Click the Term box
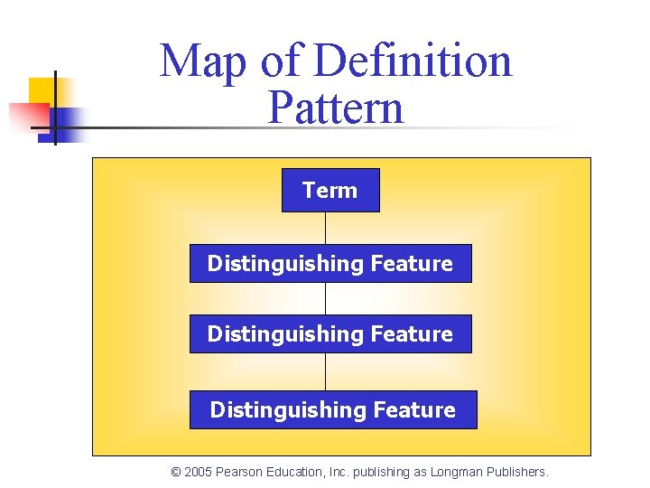coord(330,190)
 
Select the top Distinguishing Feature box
coord(330,263)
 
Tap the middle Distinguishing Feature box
coord(330,333)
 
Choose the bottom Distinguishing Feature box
coord(332,409)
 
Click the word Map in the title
coord(206,61)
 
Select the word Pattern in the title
coord(336,108)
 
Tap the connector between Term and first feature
coord(325,228)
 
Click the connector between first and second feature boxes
coord(325,298)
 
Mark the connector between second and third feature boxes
coord(325,371)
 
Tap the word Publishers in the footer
coord(516,472)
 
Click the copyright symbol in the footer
coord(176,472)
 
